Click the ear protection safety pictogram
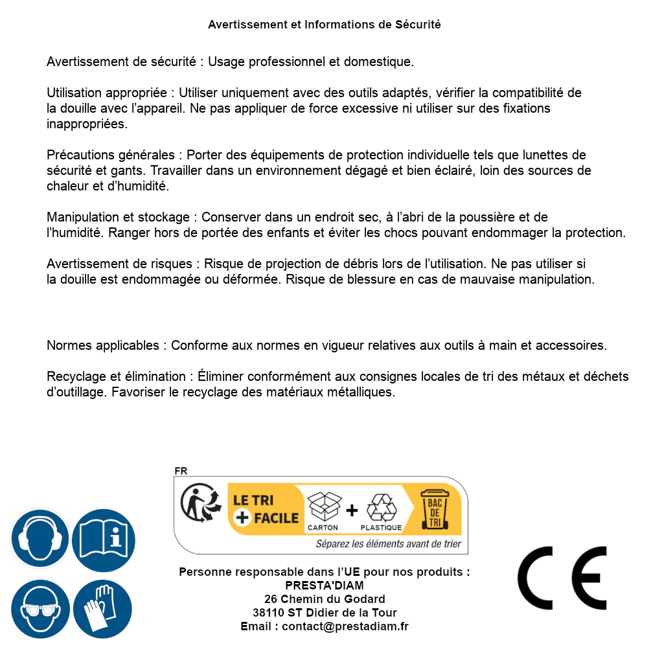(x=40, y=538)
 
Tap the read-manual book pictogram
(x=103, y=538)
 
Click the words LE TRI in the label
(x=253, y=501)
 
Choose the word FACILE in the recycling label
(x=275, y=518)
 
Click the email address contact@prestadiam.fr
(x=345, y=626)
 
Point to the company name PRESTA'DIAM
(x=325, y=586)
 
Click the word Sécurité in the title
(x=418, y=25)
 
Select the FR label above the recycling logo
(x=181, y=471)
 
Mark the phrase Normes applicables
(x=102, y=345)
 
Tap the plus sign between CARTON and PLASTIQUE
(x=352, y=510)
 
